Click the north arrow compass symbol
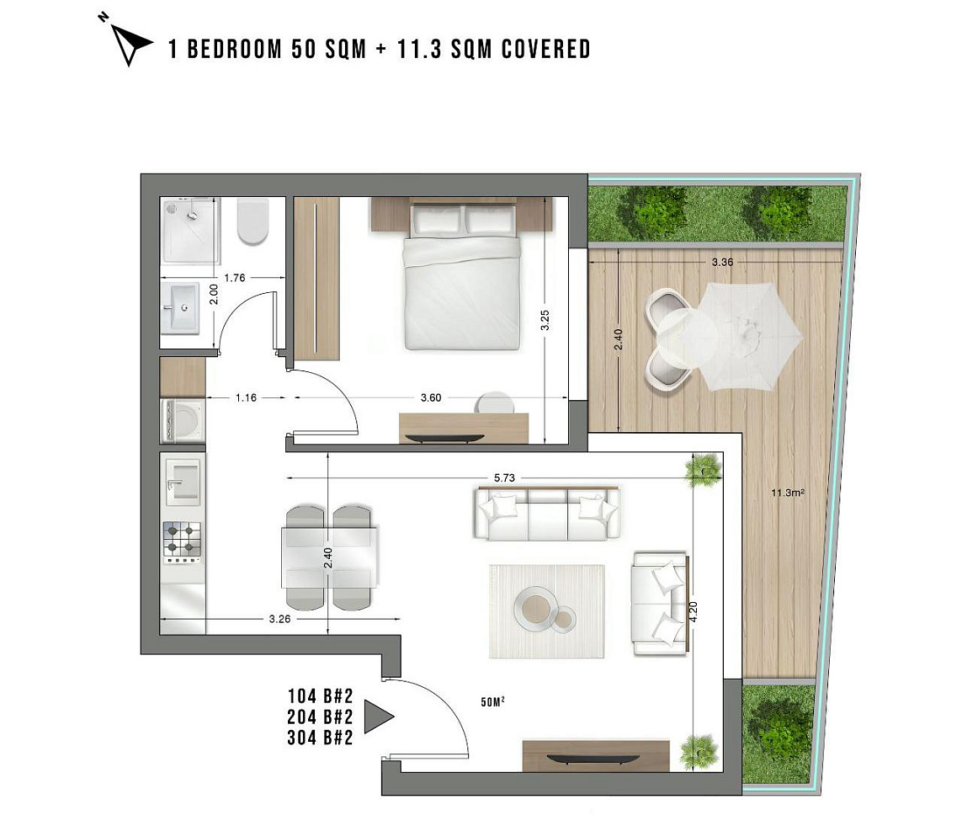[x=130, y=43]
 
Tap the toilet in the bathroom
[x=252, y=221]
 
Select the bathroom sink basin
[x=181, y=308]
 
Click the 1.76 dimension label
[x=234, y=278]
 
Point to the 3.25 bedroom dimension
[x=545, y=320]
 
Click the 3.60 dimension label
[x=431, y=397]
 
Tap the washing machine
[x=183, y=421]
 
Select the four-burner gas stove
[x=182, y=542]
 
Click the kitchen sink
[x=182, y=484]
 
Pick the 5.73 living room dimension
[x=504, y=478]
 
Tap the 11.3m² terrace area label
[x=787, y=493]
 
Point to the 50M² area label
[x=492, y=702]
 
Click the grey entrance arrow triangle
[x=378, y=717]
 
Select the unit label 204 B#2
[x=321, y=717]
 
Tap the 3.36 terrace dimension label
[x=722, y=262]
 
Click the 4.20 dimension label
[x=694, y=612]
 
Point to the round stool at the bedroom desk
[x=495, y=403]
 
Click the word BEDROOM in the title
[x=234, y=49]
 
